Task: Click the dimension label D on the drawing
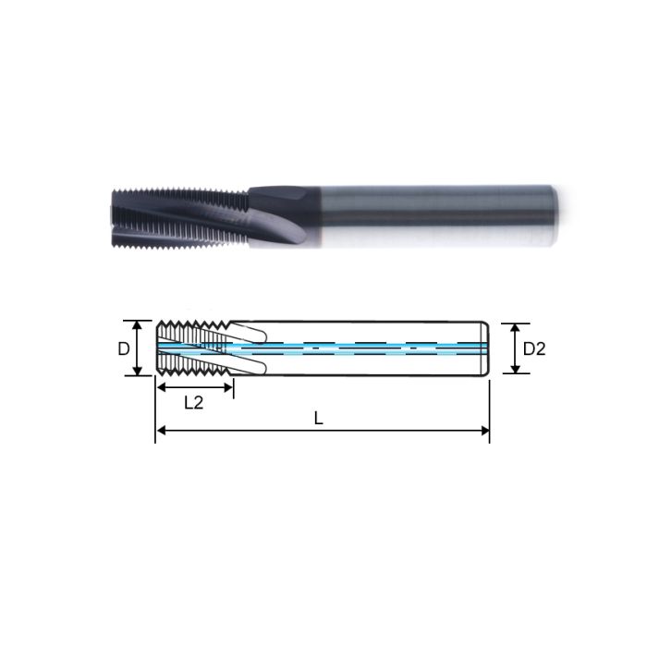click(122, 348)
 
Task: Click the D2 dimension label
click(535, 349)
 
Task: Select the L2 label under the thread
click(193, 402)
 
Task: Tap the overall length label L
click(319, 417)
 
